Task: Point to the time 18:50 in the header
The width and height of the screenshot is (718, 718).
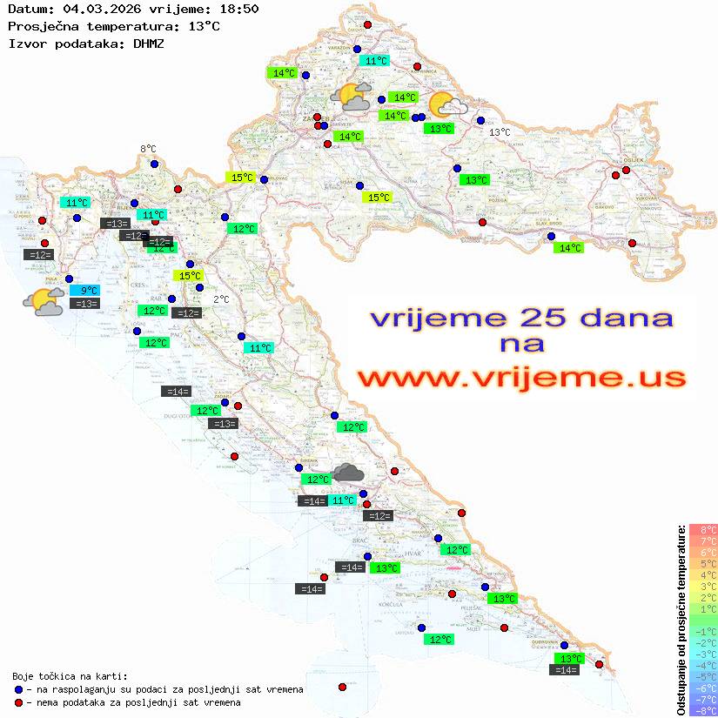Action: pyautogui.click(x=238, y=9)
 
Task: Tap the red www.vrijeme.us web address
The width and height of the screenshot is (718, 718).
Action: pyautogui.click(x=521, y=378)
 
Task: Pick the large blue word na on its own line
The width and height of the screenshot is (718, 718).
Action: pyautogui.click(x=521, y=345)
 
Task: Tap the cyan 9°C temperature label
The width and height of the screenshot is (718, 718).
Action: pyautogui.click(x=89, y=291)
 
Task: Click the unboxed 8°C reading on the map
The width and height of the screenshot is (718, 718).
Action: pyautogui.click(x=148, y=150)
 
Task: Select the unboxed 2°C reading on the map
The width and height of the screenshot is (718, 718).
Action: pyautogui.click(x=221, y=299)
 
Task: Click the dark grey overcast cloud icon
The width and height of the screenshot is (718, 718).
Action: pyautogui.click(x=348, y=473)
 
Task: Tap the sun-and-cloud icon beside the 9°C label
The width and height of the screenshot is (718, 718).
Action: pyautogui.click(x=44, y=302)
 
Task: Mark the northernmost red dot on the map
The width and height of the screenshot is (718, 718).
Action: pyautogui.click(x=367, y=25)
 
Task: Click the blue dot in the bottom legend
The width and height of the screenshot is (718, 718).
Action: pyautogui.click(x=19, y=689)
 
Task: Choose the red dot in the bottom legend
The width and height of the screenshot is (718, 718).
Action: pyautogui.click(x=19, y=702)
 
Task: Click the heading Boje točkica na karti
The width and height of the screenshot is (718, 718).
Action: pyautogui.click(x=70, y=676)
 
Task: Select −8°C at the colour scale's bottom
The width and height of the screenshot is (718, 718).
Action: pyautogui.click(x=703, y=710)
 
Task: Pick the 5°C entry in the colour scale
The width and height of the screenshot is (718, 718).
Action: pyautogui.click(x=703, y=563)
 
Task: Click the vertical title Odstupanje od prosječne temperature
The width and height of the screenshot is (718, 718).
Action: pyautogui.click(x=681, y=619)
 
